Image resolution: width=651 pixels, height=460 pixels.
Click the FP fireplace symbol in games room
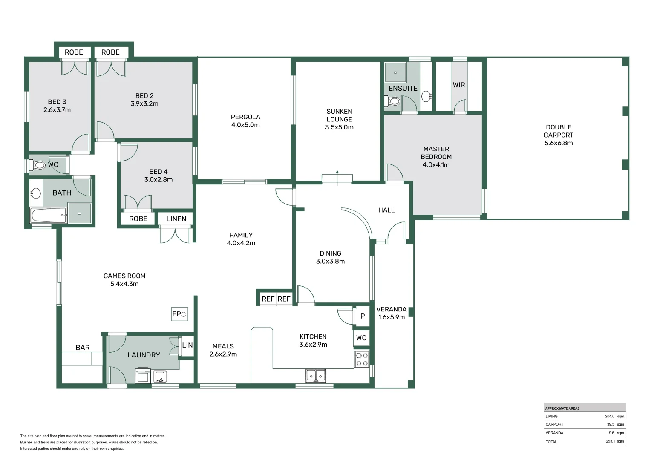coord(179,314)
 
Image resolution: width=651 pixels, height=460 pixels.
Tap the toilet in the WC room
coord(39,165)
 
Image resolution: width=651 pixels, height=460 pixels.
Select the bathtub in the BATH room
coord(49,215)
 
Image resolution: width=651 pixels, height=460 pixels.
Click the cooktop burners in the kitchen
coord(362,359)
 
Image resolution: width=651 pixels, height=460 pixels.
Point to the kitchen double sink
coord(316,375)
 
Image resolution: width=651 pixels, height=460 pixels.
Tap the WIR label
coord(459,85)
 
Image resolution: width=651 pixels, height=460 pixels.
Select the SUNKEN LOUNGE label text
coord(339,115)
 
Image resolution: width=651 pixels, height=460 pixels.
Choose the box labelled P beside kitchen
coord(363,316)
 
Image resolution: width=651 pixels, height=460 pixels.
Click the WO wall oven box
coord(361,338)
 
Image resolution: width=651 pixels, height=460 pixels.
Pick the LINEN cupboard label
coord(176,219)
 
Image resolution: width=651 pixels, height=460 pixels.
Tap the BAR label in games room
coord(83,348)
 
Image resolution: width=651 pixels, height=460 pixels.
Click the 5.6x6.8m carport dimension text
coord(559,143)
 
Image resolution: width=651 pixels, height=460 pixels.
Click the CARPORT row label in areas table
coord(554,424)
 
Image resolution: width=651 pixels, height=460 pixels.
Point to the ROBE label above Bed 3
coord(74,52)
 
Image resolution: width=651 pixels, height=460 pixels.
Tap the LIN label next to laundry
coord(187,345)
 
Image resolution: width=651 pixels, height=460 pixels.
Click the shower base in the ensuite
coord(395,72)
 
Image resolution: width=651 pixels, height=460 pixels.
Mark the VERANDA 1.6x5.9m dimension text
coord(392,317)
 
